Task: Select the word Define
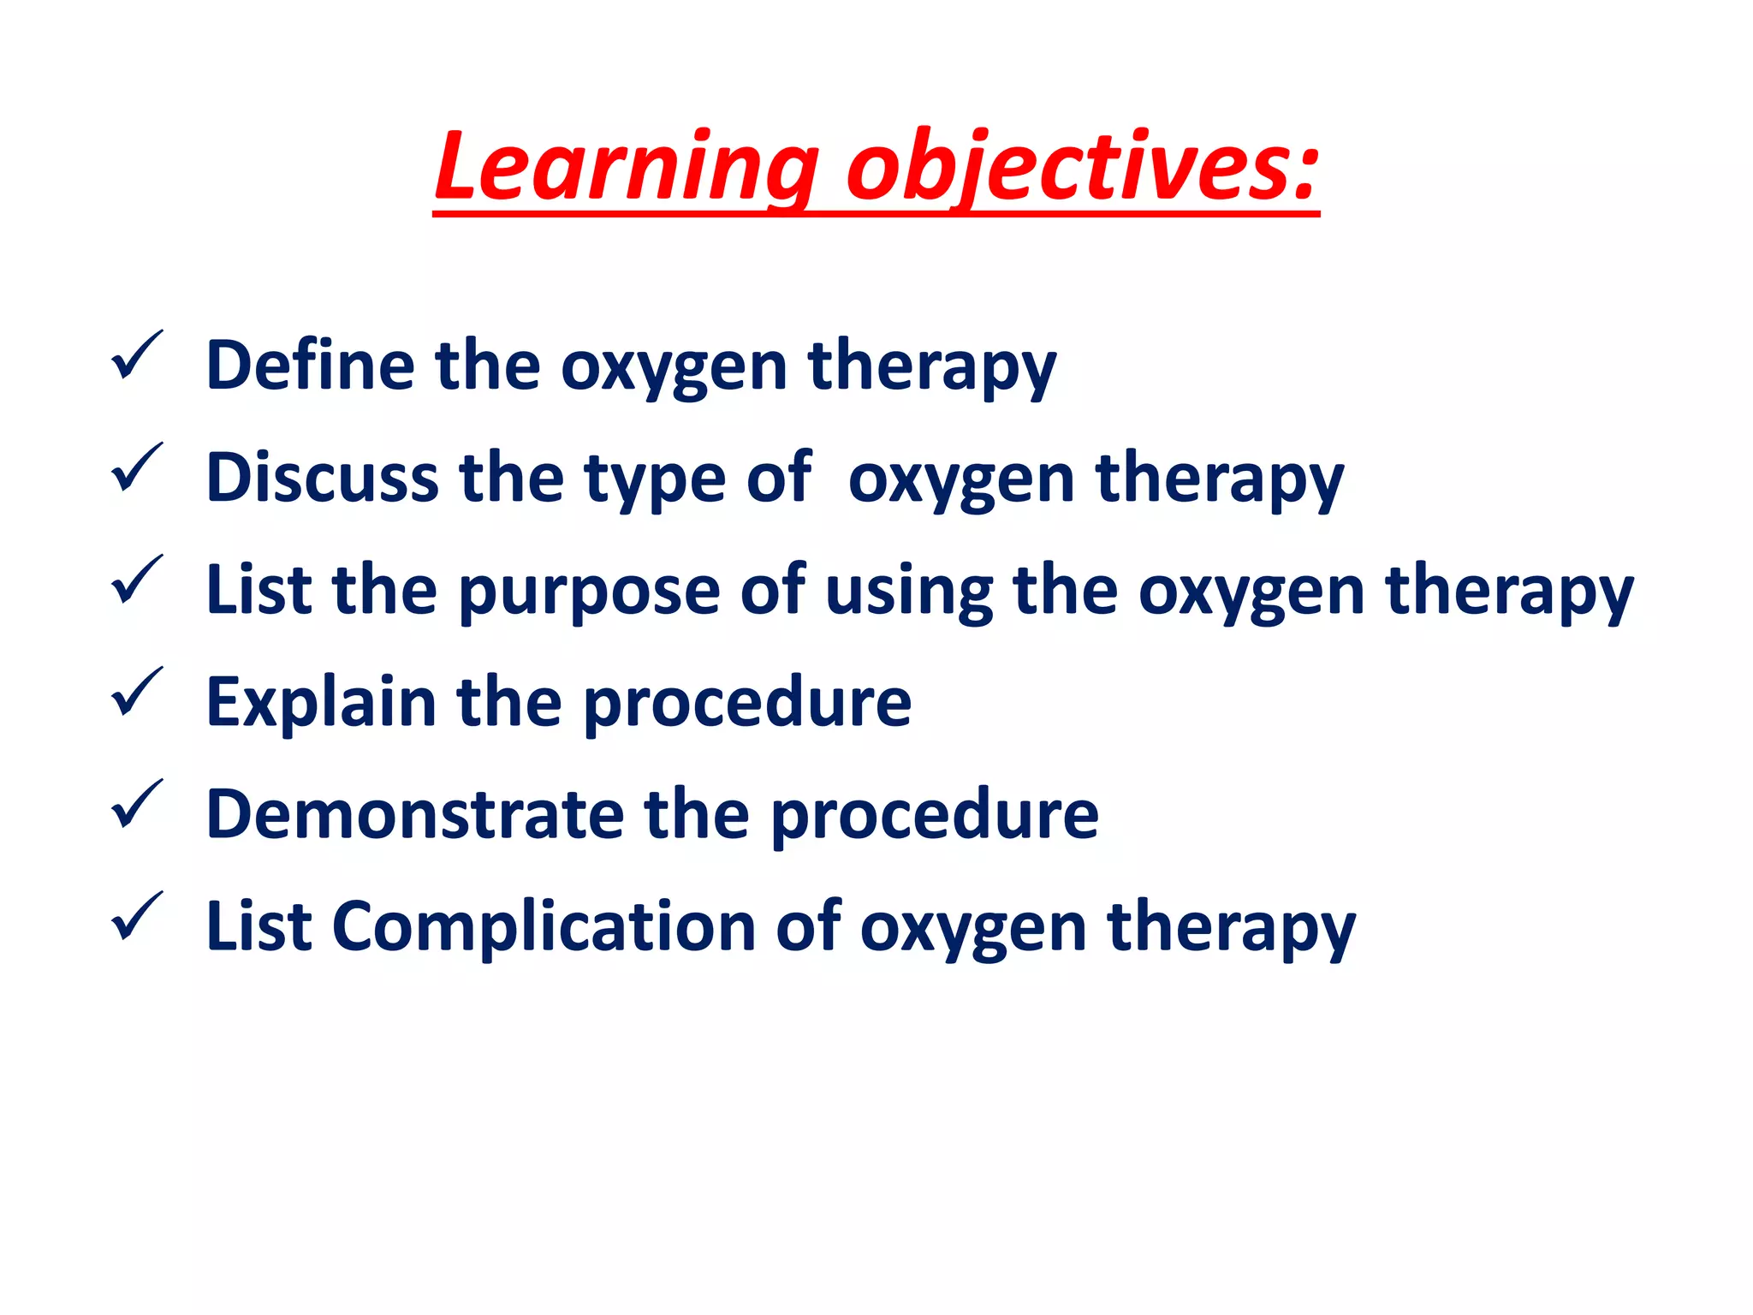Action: [x=310, y=366]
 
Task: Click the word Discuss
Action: [x=322, y=478]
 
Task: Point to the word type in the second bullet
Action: [x=655, y=479]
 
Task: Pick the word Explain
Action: [x=321, y=703]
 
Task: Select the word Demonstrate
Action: [x=415, y=814]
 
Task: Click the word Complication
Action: [x=544, y=928]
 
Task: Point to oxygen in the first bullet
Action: [x=674, y=367]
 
